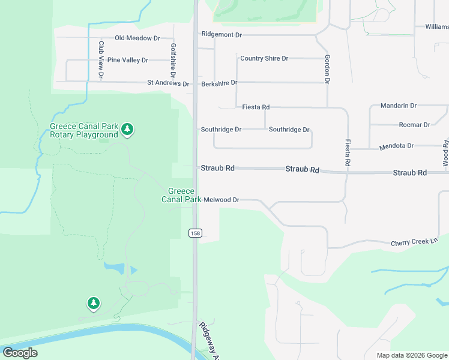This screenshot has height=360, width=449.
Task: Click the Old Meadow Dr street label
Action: (x=137, y=38)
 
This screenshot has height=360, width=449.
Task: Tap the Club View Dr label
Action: (x=101, y=59)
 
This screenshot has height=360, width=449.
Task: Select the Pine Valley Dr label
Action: (x=127, y=60)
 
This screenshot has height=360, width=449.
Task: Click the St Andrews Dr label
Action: (x=168, y=83)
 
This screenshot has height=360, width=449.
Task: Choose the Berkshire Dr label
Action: (x=219, y=83)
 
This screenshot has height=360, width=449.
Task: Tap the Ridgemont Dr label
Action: (x=221, y=35)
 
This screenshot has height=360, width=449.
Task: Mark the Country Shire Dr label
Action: (x=264, y=58)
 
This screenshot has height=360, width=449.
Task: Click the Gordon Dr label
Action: (x=327, y=68)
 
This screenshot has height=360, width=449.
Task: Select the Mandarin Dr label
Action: (x=399, y=106)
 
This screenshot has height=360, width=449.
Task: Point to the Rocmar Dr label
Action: (x=415, y=125)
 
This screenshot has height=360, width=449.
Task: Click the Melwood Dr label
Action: (x=221, y=200)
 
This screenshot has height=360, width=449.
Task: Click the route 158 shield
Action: (x=194, y=233)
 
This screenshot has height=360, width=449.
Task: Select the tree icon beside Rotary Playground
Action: (x=127, y=128)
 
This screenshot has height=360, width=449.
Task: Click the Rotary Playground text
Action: (x=83, y=135)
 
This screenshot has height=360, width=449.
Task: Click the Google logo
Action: (x=20, y=353)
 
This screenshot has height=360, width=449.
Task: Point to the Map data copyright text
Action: (x=412, y=355)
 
